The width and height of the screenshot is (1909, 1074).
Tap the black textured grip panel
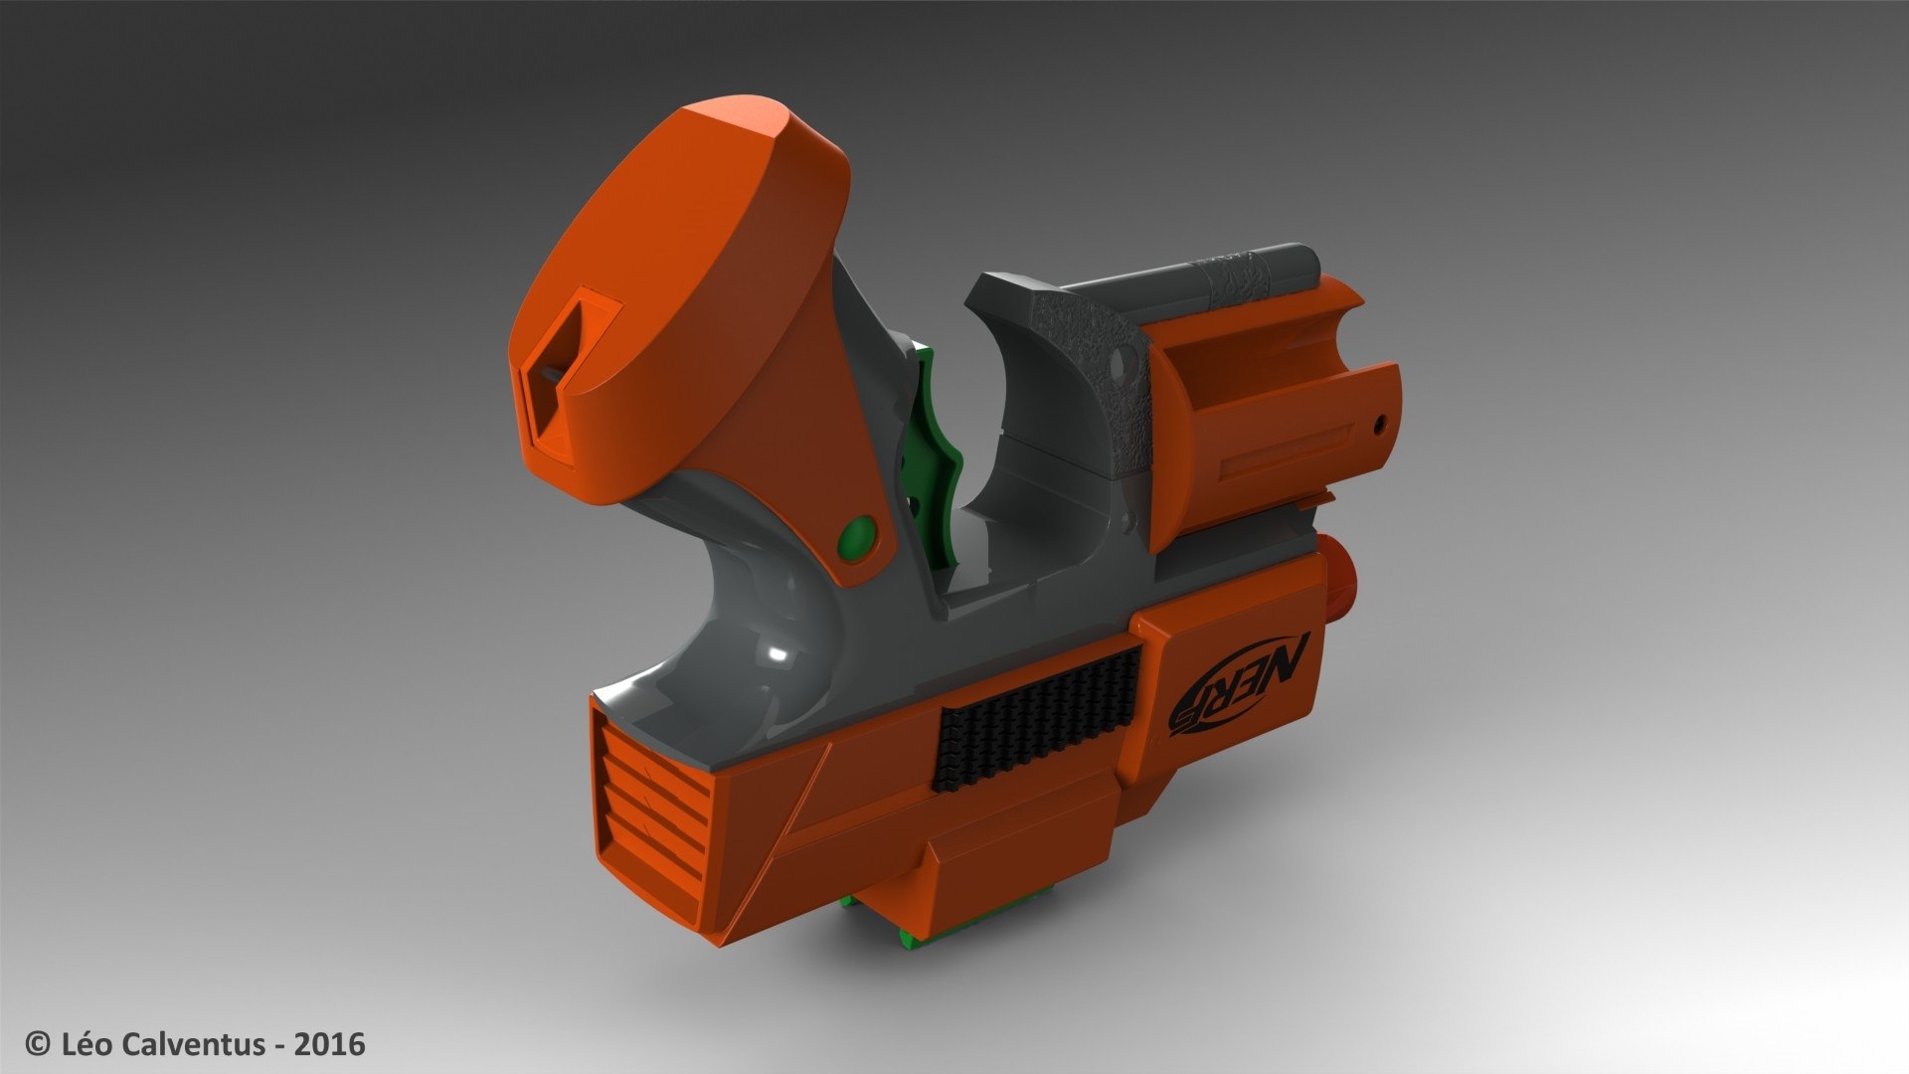coord(1036,716)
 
